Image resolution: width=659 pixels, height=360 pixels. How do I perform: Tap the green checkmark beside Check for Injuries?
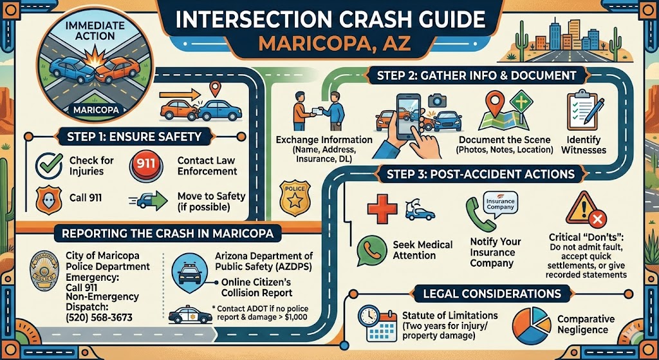pyautogui.click(x=45, y=164)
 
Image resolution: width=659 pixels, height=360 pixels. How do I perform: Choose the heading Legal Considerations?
pyautogui.click(x=492, y=294)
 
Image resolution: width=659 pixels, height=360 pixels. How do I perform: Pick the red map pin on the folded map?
pyautogui.click(x=495, y=102)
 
